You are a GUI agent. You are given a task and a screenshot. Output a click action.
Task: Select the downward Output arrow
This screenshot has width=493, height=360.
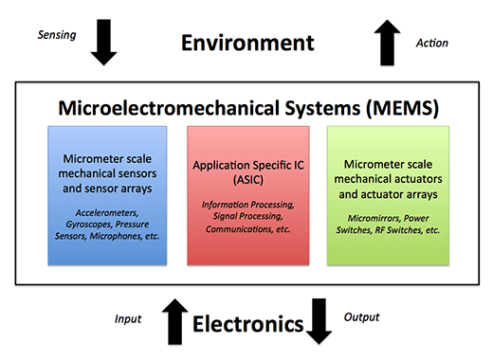[x=320, y=322]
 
